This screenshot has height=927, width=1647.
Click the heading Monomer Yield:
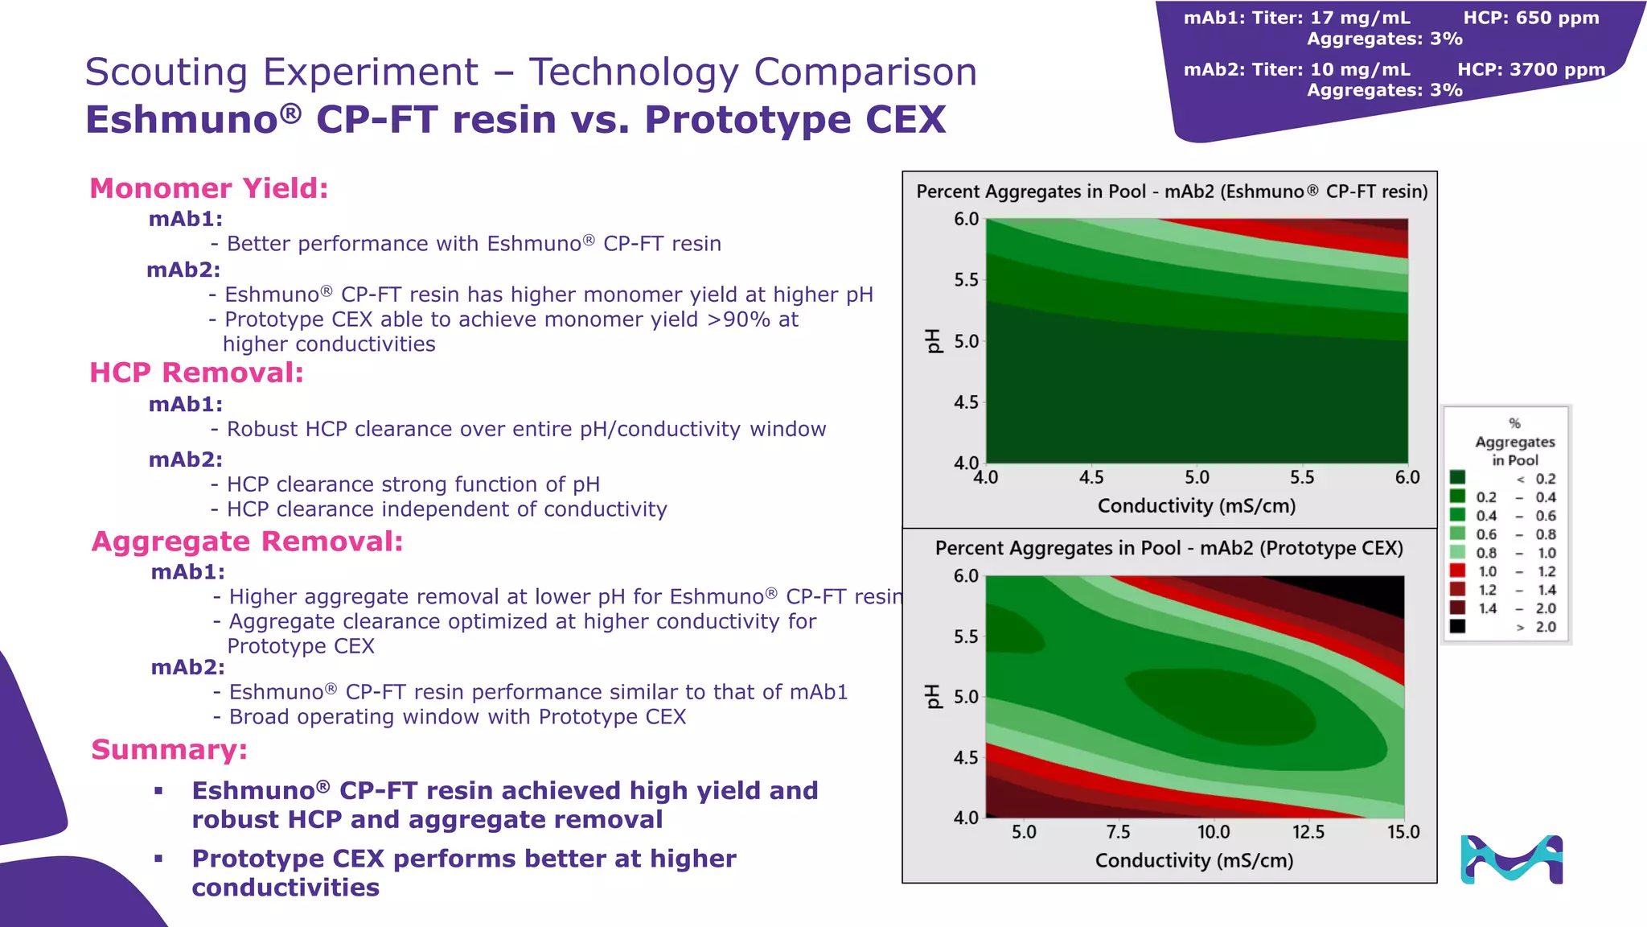pos(208,188)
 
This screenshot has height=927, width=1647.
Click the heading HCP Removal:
pos(196,373)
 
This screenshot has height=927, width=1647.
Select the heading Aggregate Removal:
pos(247,542)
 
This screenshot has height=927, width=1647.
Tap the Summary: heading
pos(169,749)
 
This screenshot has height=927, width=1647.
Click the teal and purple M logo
pos(1511,859)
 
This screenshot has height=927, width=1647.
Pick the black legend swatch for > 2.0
pos(1457,627)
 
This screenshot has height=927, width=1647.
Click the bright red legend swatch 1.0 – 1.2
pos(1457,571)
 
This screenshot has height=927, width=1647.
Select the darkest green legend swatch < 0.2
pos(1457,478)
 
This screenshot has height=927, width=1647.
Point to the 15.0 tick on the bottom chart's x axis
pos(1403,832)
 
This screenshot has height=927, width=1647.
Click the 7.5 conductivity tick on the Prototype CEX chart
pos(1118,832)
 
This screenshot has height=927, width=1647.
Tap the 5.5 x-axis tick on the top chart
pos(1302,478)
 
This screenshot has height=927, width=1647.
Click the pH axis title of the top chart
pos(933,340)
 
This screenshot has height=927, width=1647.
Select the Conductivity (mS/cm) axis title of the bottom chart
pos(1194,861)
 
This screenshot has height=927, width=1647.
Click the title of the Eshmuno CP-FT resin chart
pos(1172,192)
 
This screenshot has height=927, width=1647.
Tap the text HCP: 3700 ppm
pos(1531,70)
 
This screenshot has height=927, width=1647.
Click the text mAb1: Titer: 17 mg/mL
pos(1296,18)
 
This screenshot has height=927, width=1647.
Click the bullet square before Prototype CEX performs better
pos(158,859)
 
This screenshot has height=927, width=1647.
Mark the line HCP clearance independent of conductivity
pos(446,509)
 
